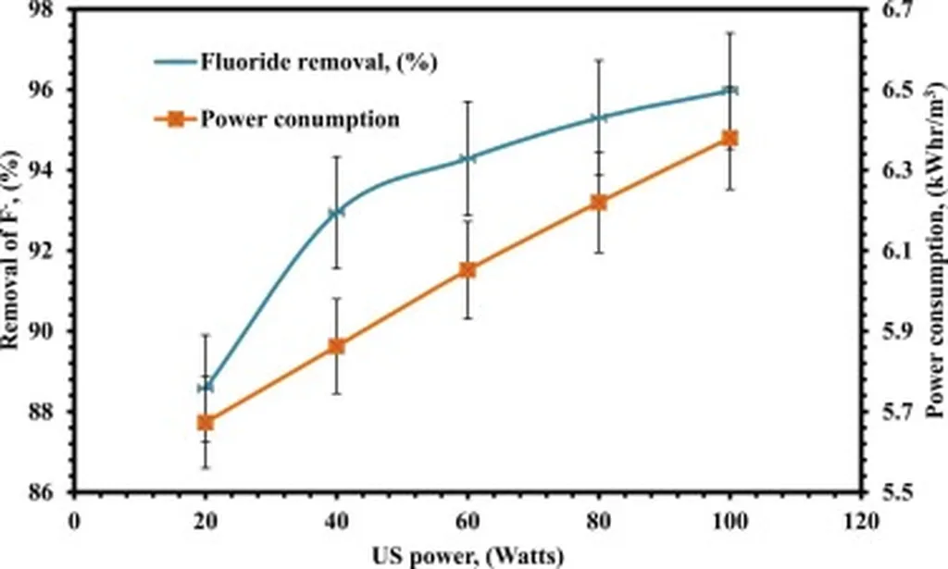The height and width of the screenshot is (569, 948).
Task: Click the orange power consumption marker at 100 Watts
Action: tap(730, 139)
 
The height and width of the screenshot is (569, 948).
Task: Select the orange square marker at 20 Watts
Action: tap(206, 423)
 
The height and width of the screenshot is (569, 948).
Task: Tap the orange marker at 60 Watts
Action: tap(468, 270)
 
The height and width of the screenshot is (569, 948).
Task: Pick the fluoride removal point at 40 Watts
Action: tap(336, 212)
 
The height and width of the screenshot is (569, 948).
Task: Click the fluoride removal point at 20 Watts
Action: tap(206, 387)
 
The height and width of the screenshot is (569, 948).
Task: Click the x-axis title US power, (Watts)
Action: tap(468, 556)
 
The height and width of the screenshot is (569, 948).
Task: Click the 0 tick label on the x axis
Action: tap(74, 521)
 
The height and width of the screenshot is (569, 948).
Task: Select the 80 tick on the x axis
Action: tap(599, 521)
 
